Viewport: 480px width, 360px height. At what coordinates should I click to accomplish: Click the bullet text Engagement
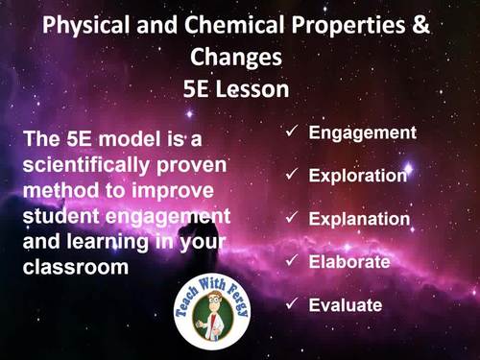[362, 132]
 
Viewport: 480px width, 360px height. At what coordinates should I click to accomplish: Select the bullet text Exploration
[358, 176]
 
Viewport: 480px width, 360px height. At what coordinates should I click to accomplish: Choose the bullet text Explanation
[359, 219]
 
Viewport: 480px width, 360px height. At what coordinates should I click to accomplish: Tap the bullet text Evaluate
[346, 305]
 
